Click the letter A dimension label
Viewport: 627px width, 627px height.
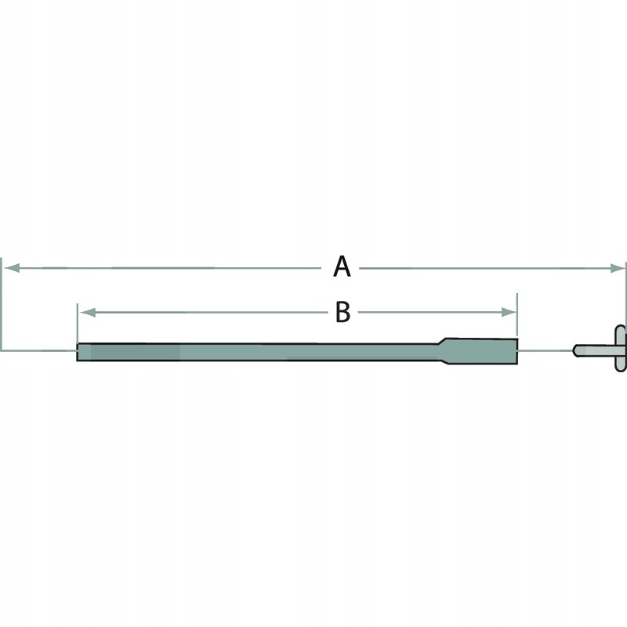point(342,267)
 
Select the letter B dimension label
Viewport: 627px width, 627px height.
point(342,312)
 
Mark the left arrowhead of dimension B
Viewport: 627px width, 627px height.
point(87,312)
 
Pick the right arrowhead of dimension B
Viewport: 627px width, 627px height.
point(509,312)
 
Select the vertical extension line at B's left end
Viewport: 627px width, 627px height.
point(78,325)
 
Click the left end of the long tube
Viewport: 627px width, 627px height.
point(80,352)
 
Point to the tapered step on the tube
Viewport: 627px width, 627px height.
point(442,351)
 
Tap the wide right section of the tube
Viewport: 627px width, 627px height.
point(482,350)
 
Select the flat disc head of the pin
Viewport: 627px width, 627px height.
point(621,350)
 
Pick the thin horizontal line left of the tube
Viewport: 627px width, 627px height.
point(39,350)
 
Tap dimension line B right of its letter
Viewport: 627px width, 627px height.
point(431,312)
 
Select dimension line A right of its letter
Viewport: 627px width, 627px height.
point(486,268)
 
